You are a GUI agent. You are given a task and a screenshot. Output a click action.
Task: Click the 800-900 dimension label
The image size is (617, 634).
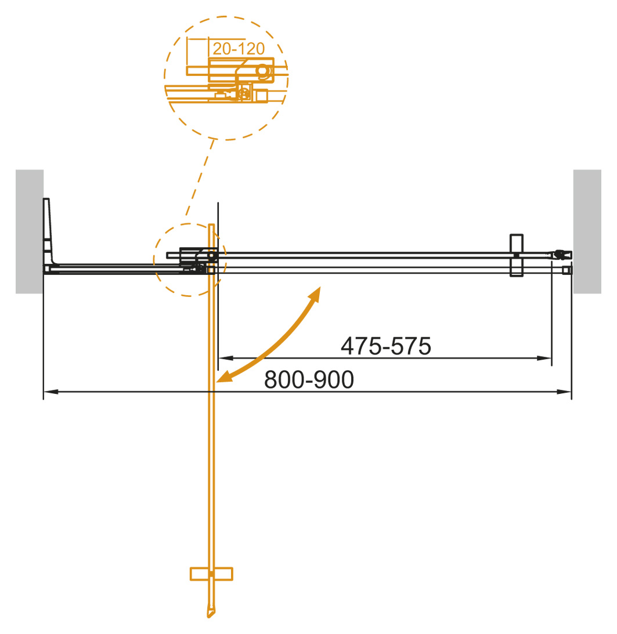308,380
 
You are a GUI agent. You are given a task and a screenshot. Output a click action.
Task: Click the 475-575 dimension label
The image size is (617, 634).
385,346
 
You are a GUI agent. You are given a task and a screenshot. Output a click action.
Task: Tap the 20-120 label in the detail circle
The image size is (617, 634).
239,48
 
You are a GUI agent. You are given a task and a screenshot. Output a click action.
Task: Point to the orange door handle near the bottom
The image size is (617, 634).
211,574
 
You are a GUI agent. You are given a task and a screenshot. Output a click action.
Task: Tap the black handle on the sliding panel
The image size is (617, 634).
516,255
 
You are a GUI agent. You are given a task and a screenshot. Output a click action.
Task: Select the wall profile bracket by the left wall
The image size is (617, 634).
49,235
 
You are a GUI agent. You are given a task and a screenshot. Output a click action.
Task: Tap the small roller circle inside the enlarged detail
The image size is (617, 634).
263,71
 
